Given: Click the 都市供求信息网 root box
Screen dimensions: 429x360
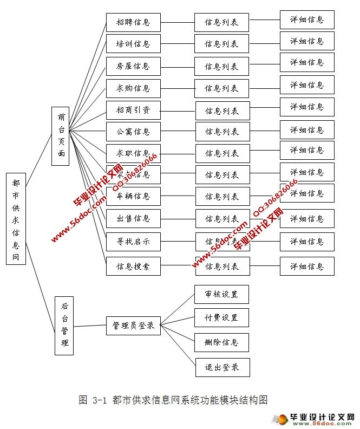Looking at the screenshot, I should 16,218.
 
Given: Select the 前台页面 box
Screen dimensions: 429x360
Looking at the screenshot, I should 60,135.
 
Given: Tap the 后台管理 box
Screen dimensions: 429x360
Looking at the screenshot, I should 64,325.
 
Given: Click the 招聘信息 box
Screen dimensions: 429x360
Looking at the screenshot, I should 133,23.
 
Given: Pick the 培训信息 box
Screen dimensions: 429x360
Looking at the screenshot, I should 133,44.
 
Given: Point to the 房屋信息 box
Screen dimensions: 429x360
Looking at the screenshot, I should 133,66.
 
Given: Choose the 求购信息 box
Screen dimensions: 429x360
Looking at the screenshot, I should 133,88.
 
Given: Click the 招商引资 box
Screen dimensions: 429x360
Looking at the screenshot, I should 133,110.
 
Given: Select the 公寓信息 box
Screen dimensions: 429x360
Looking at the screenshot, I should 133,131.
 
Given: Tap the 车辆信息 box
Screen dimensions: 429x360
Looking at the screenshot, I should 133,196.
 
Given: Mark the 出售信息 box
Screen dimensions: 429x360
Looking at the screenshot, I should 133,219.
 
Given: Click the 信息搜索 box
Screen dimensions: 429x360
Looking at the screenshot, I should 133,266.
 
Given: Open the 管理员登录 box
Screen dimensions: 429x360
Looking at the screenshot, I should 133,326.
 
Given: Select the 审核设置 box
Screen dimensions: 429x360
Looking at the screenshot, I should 222,294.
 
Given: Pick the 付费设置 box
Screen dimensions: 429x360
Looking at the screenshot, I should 222,317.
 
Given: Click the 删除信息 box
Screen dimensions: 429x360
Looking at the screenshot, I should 222,342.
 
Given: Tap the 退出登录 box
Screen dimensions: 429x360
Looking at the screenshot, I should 222,367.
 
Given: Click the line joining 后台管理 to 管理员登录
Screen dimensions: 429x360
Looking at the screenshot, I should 89,326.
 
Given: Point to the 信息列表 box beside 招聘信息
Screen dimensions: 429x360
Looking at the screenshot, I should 222,23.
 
